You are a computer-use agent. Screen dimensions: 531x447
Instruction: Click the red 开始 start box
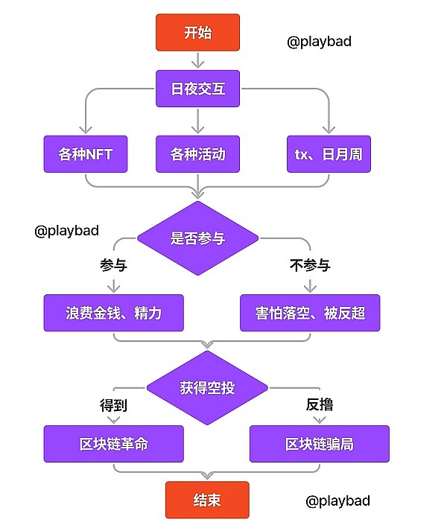tap(197, 33)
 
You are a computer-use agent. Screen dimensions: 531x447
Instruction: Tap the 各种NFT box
tap(86, 155)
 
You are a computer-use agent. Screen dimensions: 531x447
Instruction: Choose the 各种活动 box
tap(197, 155)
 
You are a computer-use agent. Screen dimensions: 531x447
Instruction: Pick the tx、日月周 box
tap(328, 155)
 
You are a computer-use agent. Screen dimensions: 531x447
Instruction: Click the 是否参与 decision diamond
tap(197, 238)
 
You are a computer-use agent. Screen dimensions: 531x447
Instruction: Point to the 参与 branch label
tap(113, 265)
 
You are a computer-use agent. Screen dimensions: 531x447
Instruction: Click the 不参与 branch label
tap(309, 265)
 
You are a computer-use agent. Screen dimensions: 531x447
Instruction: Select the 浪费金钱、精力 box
tap(113, 313)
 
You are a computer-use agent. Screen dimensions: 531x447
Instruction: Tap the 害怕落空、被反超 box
tap(309, 313)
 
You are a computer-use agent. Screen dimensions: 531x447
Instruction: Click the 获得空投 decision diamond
tap(206, 387)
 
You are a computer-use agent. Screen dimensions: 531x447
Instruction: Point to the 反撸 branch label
tap(319, 406)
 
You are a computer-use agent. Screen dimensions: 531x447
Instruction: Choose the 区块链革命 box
tap(113, 444)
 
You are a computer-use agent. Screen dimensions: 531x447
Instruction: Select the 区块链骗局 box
tap(319, 444)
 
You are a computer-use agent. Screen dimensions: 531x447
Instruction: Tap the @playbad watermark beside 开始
tap(319, 42)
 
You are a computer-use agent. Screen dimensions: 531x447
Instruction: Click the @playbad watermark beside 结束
tap(337, 500)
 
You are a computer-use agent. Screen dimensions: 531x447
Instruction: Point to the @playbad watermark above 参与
tap(66, 231)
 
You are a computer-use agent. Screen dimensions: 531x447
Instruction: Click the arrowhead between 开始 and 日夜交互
tap(197, 63)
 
